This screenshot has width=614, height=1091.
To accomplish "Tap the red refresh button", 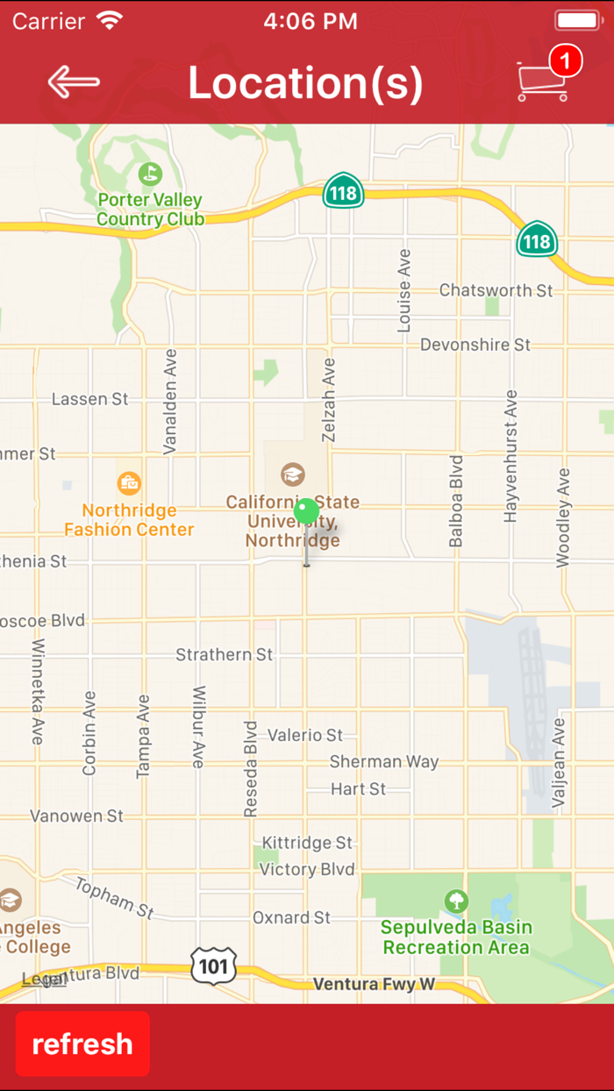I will click(x=82, y=1044).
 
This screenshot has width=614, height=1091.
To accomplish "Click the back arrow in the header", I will click(x=74, y=82).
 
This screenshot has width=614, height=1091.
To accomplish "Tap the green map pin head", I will click(x=306, y=510).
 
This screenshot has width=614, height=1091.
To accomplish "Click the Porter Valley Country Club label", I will click(x=150, y=210).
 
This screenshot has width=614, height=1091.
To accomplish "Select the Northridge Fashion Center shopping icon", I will click(x=129, y=482).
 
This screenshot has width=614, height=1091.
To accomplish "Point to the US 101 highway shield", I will click(x=213, y=966).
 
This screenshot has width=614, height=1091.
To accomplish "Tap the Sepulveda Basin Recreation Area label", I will click(x=456, y=937).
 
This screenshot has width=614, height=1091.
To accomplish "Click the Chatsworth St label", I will click(x=496, y=289).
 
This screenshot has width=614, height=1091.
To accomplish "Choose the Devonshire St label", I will click(x=475, y=345).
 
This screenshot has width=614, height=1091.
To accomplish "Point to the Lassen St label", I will click(x=89, y=399).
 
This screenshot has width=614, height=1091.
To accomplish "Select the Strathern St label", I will click(x=225, y=654).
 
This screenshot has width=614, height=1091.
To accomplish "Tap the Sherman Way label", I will click(x=384, y=761).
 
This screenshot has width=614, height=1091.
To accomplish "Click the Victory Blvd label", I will click(x=307, y=869).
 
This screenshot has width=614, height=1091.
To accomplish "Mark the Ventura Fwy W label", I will click(x=374, y=984).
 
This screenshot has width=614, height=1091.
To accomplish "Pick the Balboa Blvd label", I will click(x=455, y=501).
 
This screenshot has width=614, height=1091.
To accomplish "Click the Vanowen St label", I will click(x=77, y=816).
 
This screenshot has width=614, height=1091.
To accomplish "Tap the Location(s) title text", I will click(x=305, y=82).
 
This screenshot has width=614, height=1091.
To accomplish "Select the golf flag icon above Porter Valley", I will click(x=150, y=174).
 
